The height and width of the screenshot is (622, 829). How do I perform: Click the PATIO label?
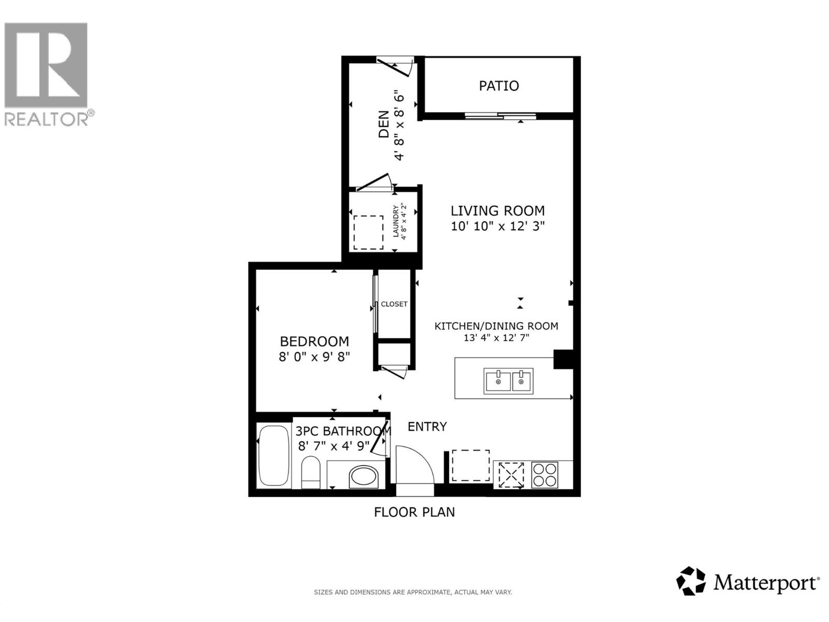[498, 86]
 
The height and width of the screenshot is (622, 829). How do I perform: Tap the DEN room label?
[384, 124]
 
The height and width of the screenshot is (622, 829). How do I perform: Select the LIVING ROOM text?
[497, 210]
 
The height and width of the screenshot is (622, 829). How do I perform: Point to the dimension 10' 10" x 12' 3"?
[497, 227]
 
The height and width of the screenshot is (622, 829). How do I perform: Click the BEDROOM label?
[314, 341]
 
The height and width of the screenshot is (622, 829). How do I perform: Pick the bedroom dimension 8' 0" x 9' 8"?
[314, 357]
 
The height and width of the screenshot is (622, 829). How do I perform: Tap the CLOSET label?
[394, 304]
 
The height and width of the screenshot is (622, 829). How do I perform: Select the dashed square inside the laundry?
[368, 232]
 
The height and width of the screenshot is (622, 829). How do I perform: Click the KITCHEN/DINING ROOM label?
[496, 326]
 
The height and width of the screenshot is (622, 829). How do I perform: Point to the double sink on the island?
[508, 381]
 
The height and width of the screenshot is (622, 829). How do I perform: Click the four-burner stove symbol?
[545, 475]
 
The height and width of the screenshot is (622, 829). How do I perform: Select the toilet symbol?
[311, 472]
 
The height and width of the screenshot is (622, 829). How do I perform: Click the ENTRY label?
[427, 427]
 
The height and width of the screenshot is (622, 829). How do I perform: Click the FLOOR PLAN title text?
[414, 512]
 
